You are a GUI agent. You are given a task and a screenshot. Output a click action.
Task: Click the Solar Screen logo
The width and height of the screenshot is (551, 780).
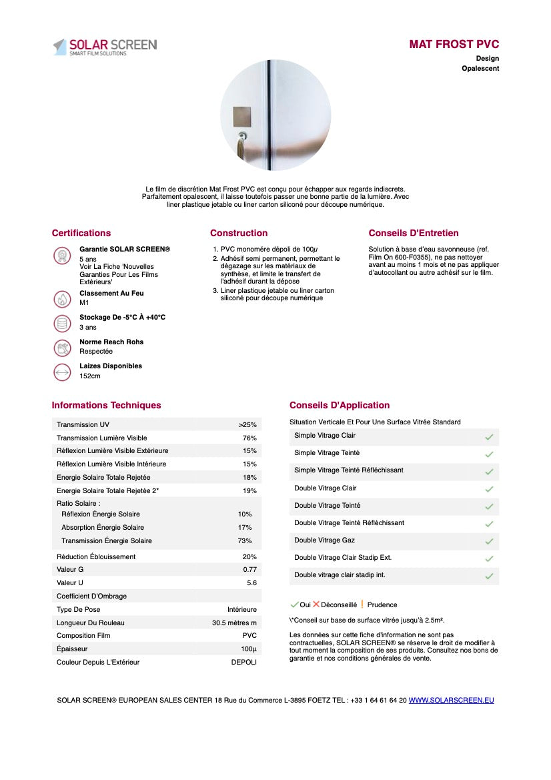pos(105,46)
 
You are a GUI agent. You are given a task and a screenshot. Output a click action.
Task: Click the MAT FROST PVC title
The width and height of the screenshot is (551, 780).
pos(454,45)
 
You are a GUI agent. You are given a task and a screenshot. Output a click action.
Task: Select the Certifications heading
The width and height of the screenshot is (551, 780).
pos(81,233)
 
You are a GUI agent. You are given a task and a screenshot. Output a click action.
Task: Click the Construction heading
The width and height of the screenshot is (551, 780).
pos(239,233)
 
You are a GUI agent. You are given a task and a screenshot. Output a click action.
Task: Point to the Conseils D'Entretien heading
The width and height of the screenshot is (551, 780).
pos(414,233)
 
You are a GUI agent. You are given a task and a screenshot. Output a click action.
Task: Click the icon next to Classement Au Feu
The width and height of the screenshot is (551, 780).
pos(62,298)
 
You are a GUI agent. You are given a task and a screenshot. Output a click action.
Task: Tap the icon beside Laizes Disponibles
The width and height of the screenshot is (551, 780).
pos(62,372)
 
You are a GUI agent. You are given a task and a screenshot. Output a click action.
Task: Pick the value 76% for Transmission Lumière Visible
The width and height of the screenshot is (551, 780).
pos(249,438)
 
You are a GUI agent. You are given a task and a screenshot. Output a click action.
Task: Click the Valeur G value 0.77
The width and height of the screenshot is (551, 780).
pos(249,570)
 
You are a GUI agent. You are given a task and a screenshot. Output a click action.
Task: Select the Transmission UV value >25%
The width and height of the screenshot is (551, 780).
pos(247,425)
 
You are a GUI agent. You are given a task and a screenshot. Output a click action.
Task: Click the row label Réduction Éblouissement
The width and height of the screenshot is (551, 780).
pos(96,556)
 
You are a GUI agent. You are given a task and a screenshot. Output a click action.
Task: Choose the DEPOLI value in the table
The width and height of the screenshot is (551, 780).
pos(243,662)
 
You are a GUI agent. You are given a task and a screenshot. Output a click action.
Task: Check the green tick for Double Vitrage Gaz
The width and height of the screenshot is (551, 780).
pos(489,541)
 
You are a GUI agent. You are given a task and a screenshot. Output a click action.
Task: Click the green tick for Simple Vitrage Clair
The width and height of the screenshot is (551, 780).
pos(489,436)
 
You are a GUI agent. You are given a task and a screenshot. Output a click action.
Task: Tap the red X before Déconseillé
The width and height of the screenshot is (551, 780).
pos(316,605)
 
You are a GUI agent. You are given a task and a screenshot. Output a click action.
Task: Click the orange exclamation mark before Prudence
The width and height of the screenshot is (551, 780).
pos(362,605)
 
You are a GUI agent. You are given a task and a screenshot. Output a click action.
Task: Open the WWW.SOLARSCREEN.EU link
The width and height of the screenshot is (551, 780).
pos(451,700)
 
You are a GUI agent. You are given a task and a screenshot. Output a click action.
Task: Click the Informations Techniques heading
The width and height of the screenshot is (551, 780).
pos(106,405)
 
